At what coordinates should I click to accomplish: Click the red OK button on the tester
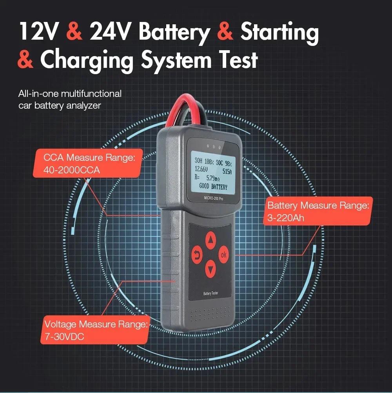coord(223,255)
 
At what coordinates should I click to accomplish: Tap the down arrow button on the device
coord(211,269)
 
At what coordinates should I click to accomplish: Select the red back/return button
coord(196,255)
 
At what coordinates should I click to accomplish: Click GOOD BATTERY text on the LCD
coord(213,187)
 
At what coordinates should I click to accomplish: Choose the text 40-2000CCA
coord(72,170)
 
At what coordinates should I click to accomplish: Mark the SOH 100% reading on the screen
coord(204,160)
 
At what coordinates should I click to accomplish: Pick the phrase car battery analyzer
coord(60,105)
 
